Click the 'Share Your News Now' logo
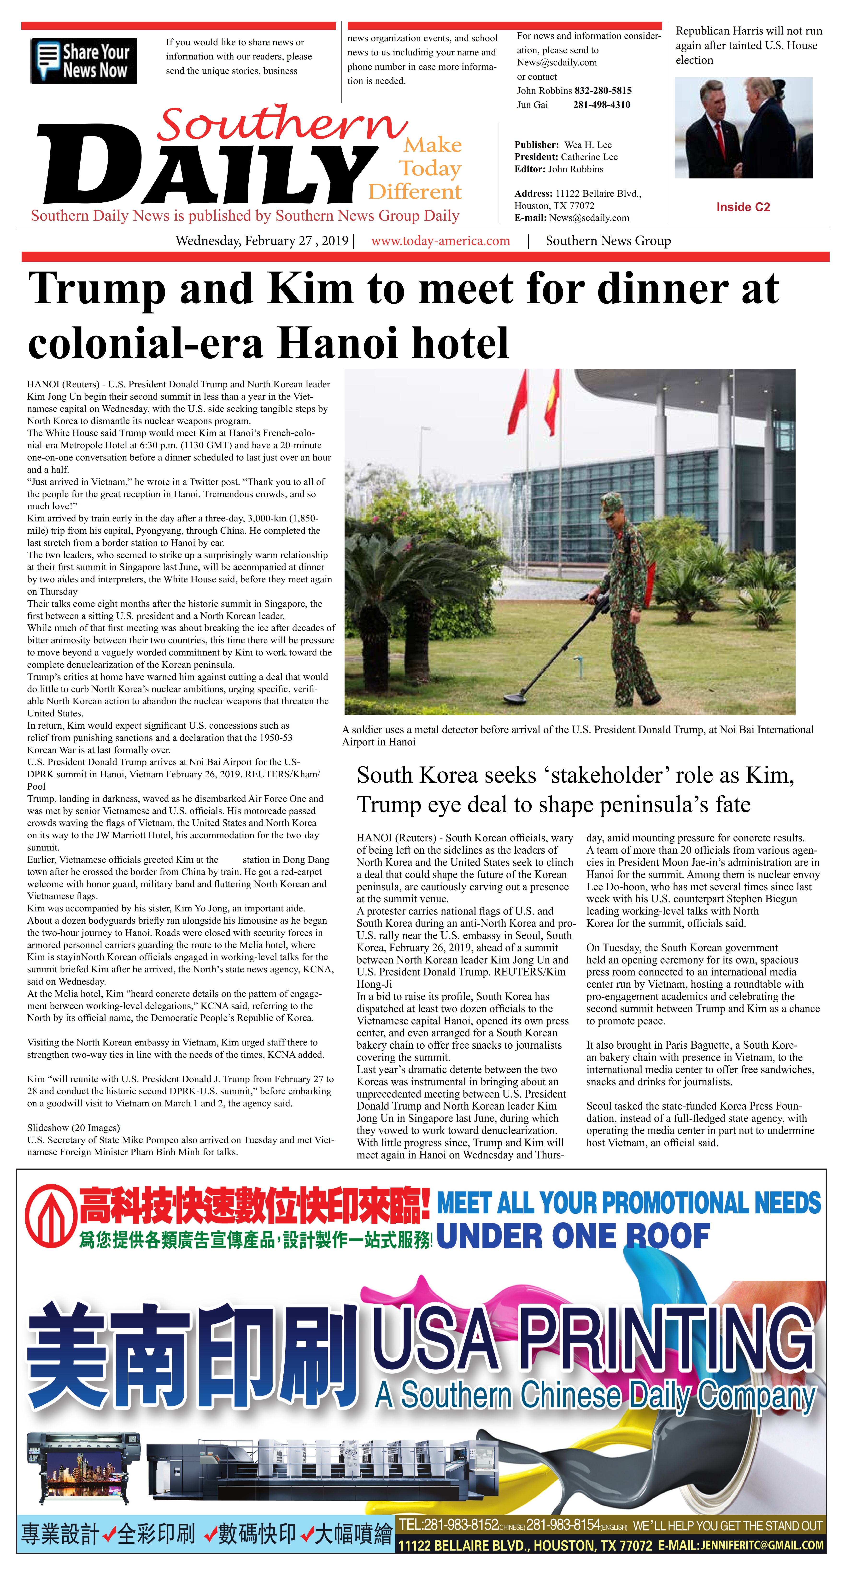[x=83, y=61]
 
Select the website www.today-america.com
[x=440, y=241]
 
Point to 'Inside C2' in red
[x=743, y=207]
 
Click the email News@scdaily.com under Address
[x=589, y=218]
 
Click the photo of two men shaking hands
[x=743, y=128]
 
